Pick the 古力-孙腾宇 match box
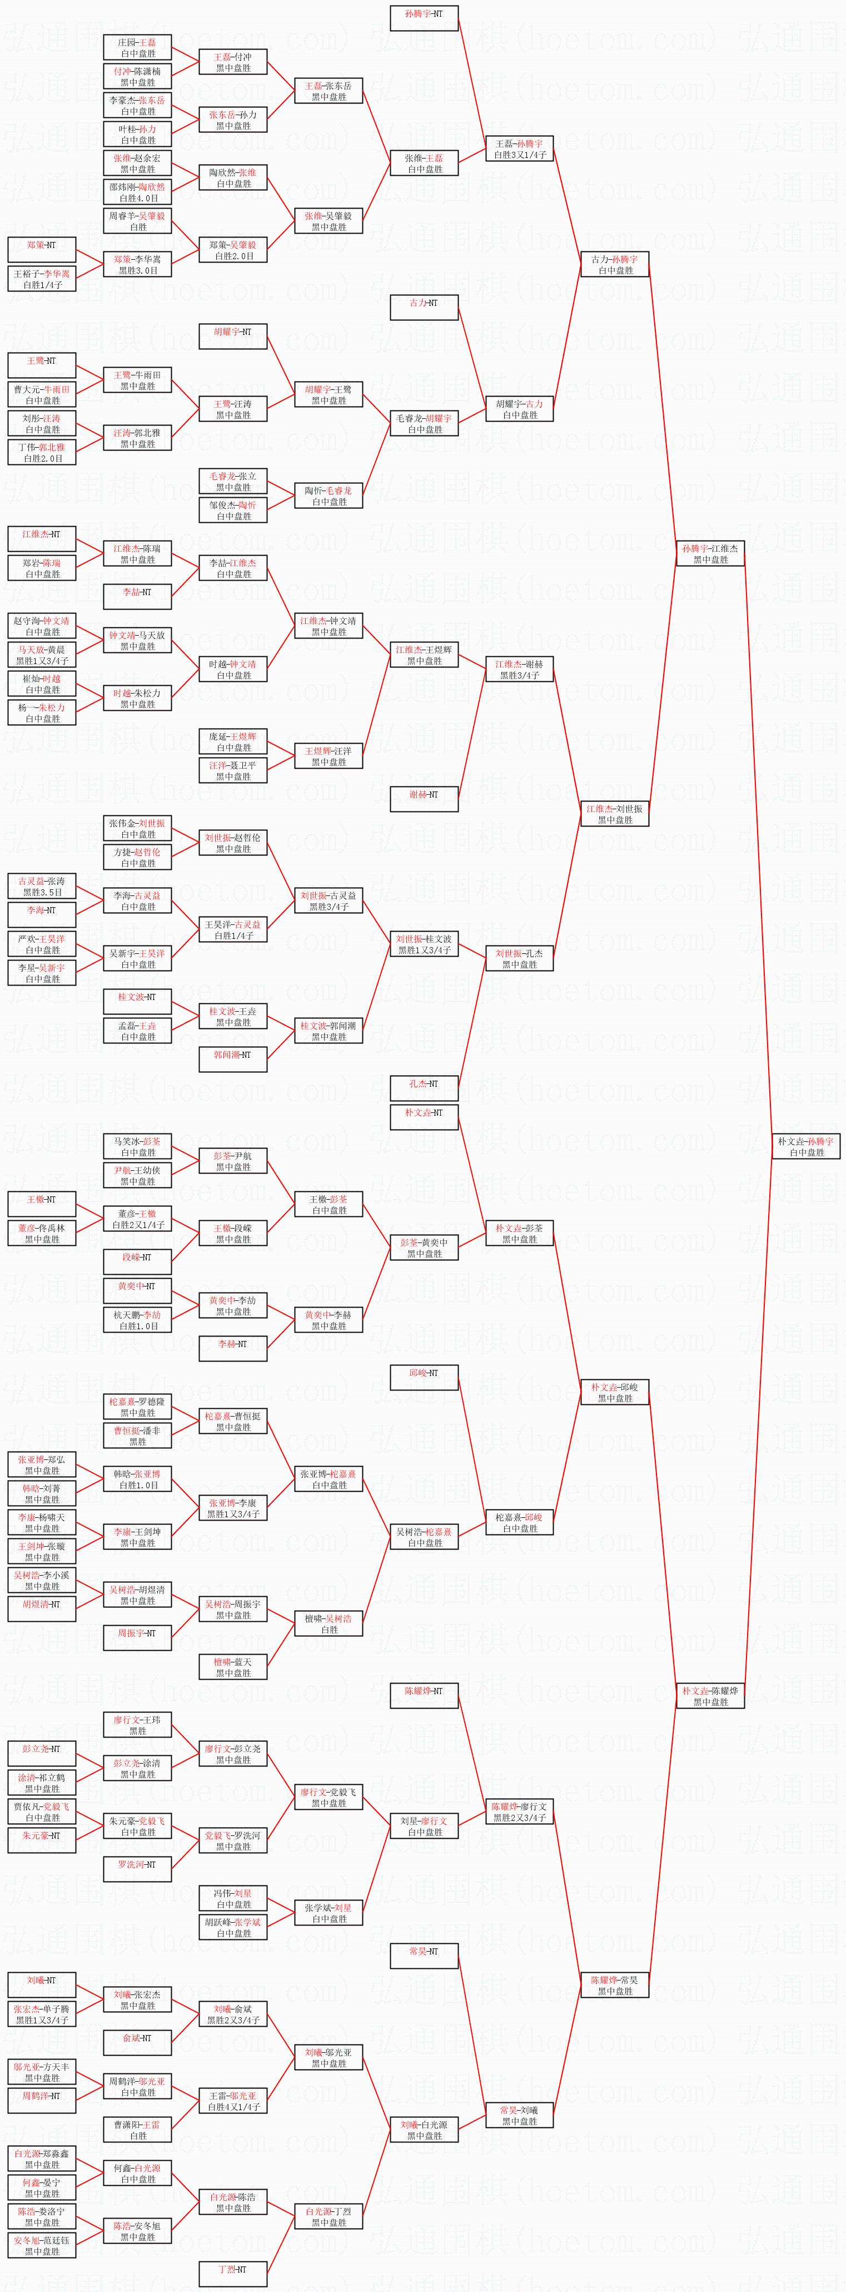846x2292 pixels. point(615,264)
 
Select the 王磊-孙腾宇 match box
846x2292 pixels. point(520,148)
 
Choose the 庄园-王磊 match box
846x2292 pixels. point(138,48)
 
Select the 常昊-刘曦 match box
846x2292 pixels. point(520,2116)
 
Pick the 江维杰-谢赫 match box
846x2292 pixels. point(520,669)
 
